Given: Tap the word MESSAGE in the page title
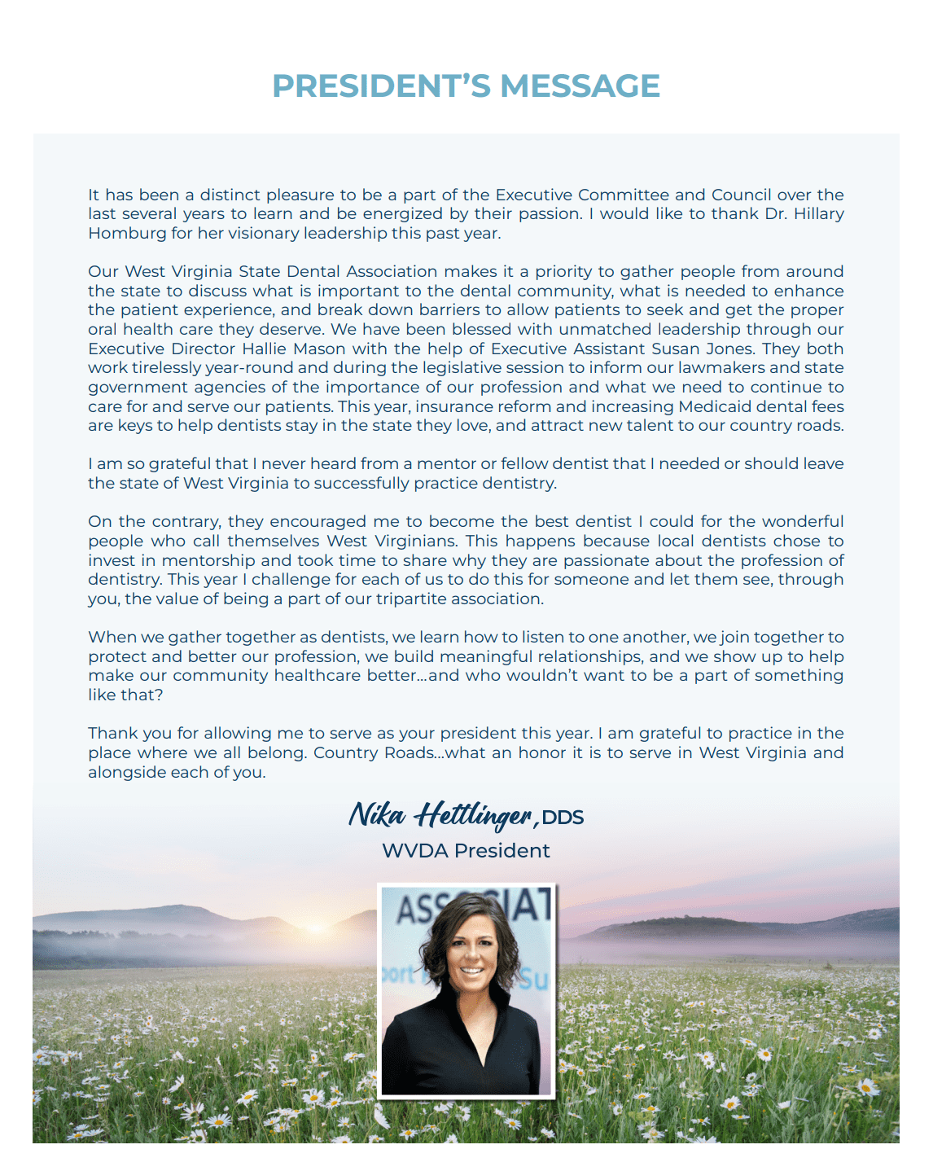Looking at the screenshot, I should (x=580, y=86).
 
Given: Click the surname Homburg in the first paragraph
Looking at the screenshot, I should (x=125, y=234).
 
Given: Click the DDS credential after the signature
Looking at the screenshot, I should (x=563, y=818).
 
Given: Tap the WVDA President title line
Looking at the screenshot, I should (x=466, y=851).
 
